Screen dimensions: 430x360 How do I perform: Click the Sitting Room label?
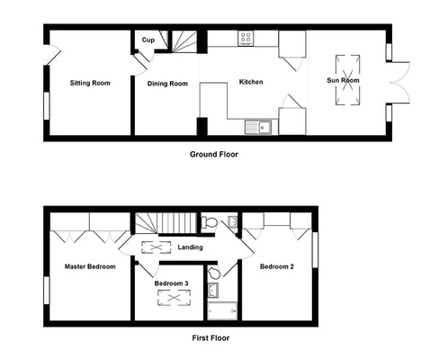click(x=90, y=83)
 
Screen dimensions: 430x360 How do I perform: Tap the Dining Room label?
click(x=167, y=84)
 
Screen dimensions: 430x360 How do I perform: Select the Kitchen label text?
click(x=251, y=82)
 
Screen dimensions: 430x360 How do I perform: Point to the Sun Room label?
click(x=343, y=80)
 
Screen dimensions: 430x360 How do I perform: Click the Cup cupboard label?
click(x=148, y=40)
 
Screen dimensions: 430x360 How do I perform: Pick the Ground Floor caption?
click(x=214, y=155)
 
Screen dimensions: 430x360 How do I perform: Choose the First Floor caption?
click(x=211, y=338)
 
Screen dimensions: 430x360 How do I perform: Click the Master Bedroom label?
click(x=90, y=266)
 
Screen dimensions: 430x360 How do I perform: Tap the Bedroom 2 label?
click(x=277, y=266)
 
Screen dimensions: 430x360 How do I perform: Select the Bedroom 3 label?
click(x=172, y=283)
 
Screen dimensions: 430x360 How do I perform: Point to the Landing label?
click(x=190, y=247)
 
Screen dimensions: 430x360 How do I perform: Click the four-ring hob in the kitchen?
click(x=246, y=38)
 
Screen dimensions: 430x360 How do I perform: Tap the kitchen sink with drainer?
click(x=258, y=127)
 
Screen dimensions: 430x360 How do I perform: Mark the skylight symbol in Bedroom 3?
click(x=174, y=298)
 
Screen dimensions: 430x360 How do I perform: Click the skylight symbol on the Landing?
click(x=156, y=247)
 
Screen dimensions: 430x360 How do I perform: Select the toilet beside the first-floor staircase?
click(x=209, y=222)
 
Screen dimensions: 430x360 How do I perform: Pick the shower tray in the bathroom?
click(x=222, y=311)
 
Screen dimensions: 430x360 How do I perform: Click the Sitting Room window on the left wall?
click(x=47, y=106)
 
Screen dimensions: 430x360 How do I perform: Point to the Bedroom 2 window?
click(x=315, y=249)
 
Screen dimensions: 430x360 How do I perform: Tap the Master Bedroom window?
click(x=47, y=291)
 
